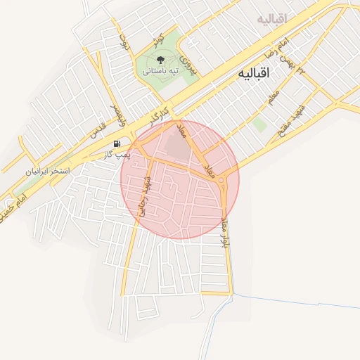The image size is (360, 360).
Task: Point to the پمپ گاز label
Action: (119, 153)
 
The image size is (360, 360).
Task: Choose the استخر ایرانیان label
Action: (49, 171)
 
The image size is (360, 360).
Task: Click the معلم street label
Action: (274, 97)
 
